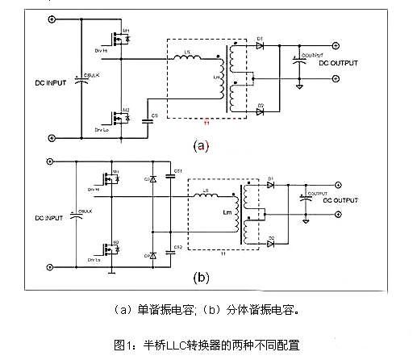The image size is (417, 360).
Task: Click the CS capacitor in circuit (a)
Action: [x=147, y=120]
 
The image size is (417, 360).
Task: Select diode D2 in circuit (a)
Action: [x=260, y=110]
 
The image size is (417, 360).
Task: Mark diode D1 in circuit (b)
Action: [x=271, y=183]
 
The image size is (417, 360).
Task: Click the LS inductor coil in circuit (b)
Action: [x=213, y=198]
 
